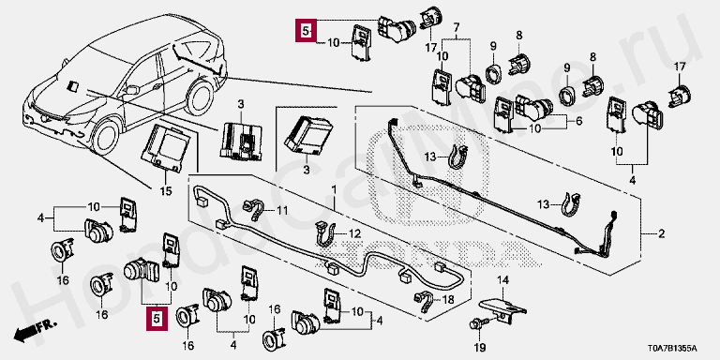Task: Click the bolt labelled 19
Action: pyautogui.click(x=474, y=324)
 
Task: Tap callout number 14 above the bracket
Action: pyautogui.click(x=504, y=278)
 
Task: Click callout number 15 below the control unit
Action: pyautogui.click(x=166, y=191)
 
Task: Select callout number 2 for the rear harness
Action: pyautogui.click(x=661, y=234)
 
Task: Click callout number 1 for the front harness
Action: pyautogui.click(x=334, y=189)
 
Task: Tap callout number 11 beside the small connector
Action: pyautogui.click(x=281, y=211)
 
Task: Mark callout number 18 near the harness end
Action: pyautogui.click(x=449, y=300)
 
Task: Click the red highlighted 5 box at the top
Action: pyautogui.click(x=307, y=31)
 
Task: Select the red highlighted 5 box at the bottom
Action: pyautogui.click(x=157, y=319)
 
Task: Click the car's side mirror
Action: pyautogui.click(x=131, y=90)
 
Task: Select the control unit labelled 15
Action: pyautogui.click(x=166, y=146)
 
